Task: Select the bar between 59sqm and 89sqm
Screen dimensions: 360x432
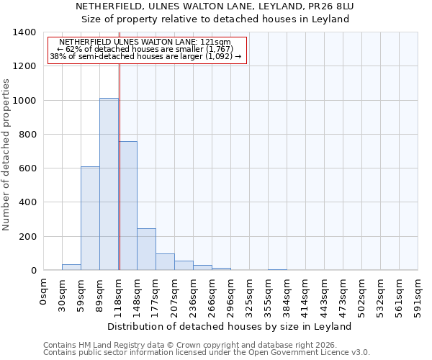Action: click(x=90, y=218)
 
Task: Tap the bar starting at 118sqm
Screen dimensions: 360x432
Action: click(x=127, y=206)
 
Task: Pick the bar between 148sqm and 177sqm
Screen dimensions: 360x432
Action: click(x=146, y=249)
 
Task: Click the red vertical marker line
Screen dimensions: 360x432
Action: click(x=120, y=166)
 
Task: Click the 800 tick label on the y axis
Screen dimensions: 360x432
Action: click(x=27, y=135)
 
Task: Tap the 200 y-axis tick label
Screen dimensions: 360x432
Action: click(x=27, y=237)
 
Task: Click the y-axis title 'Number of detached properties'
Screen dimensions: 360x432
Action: click(x=7, y=151)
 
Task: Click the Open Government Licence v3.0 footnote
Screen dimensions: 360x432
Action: click(x=207, y=353)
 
